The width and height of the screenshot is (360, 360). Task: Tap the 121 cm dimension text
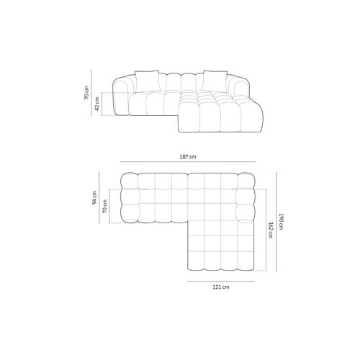point(221,287)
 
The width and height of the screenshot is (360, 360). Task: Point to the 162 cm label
point(269,230)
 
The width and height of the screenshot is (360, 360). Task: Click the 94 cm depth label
point(94,198)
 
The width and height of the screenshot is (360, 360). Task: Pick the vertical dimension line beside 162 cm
point(263,230)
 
